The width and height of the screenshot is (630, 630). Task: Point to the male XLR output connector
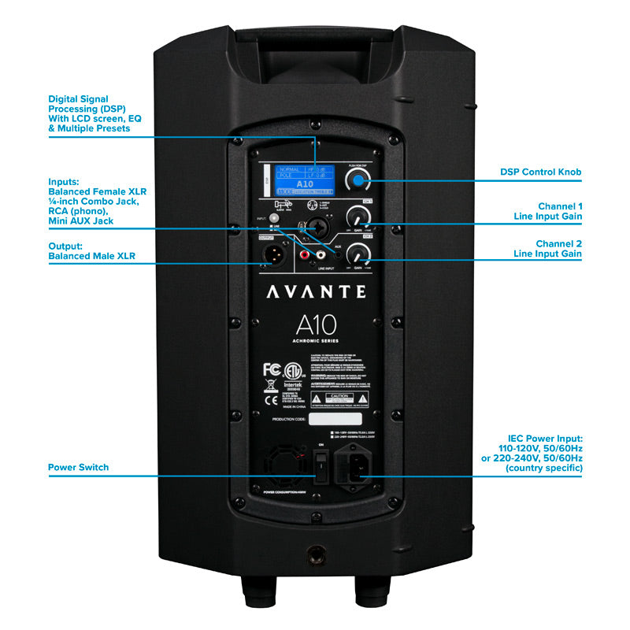(x=272, y=252)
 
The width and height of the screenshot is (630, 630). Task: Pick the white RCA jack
(x=321, y=255)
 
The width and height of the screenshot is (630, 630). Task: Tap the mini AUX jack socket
(x=337, y=255)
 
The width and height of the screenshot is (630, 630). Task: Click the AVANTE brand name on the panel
(x=315, y=291)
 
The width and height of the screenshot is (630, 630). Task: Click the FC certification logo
(x=271, y=369)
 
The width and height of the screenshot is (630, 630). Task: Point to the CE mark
(x=270, y=387)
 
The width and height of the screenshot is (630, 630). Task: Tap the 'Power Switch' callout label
(x=78, y=468)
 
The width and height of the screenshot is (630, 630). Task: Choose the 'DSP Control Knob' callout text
(x=541, y=172)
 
